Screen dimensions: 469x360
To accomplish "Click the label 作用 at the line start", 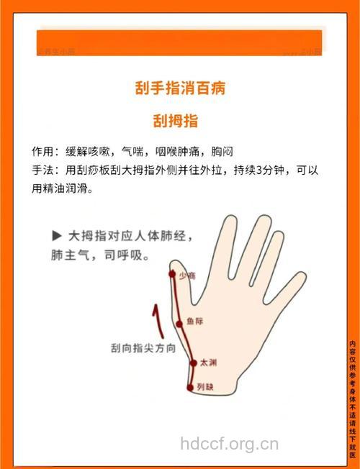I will pos(42,152).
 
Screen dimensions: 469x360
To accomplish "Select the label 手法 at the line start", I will pos(42,171).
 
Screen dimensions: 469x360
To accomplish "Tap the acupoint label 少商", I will pos(187,276).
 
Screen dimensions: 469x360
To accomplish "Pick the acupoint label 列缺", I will pos(205,387).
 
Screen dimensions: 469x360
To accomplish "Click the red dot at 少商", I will pos(172,274).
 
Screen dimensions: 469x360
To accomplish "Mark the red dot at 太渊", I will pos(192,363).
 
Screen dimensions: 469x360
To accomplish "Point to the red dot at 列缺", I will pos(191,388).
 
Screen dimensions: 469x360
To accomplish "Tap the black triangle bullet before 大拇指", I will pos(56,235).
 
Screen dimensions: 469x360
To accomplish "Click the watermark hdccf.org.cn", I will pos(229,444).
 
